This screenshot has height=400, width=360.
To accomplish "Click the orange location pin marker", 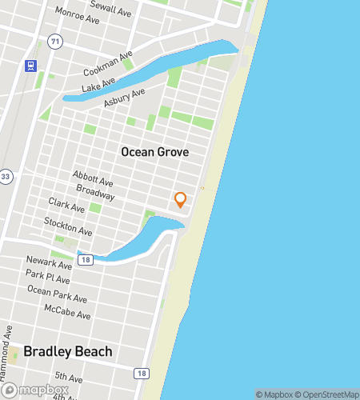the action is (x=180, y=199).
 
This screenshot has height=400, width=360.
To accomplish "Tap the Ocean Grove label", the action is (x=154, y=151).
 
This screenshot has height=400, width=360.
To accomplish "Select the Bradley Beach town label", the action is (x=68, y=351).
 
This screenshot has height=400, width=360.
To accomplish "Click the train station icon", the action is (x=30, y=66).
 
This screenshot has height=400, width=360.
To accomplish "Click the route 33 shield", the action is (x=6, y=176).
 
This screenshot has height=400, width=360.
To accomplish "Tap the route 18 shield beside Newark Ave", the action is (x=86, y=258).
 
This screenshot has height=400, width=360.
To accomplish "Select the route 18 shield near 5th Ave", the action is (x=142, y=373).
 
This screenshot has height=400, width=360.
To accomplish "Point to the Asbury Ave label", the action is (x=126, y=97).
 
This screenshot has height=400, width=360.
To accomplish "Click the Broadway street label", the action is (x=95, y=192).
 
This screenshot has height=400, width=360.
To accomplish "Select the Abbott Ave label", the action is (x=92, y=178).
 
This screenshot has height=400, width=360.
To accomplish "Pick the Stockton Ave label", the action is (x=68, y=226).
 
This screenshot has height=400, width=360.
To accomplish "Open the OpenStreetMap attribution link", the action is (x=326, y=394).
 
